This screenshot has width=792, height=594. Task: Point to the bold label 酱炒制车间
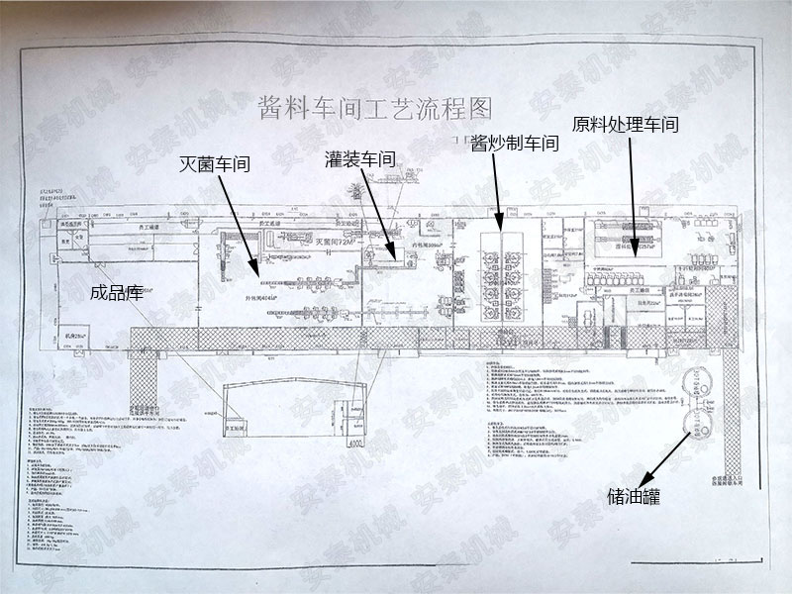pos(515,143)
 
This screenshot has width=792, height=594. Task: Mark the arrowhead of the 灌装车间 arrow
pos(397,260)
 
